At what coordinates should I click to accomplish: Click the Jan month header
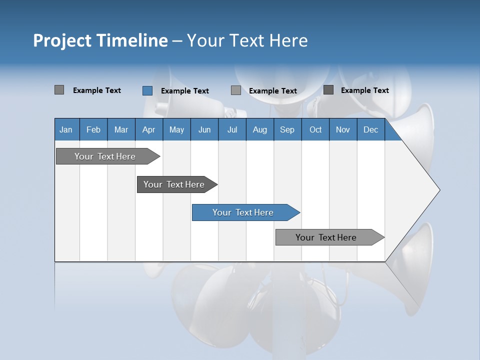(x=66, y=130)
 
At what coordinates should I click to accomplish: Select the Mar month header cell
(x=121, y=130)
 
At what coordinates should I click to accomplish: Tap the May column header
(x=176, y=130)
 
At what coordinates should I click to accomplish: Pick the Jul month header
(x=232, y=130)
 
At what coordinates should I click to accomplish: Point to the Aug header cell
(x=259, y=130)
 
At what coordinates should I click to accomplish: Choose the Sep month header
(x=287, y=130)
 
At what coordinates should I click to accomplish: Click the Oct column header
(x=315, y=130)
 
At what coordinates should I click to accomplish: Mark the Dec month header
(x=370, y=130)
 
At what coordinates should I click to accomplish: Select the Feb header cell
(x=93, y=130)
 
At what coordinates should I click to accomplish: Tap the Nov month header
(x=342, y=130)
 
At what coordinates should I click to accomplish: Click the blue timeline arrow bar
(x=245, y=212)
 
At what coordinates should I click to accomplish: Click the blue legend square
(x=147, y=90)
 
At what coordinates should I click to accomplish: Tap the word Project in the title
(x=62, y=40)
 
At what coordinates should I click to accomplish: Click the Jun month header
(x=204, y=130)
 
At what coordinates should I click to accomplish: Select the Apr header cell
(x=148, y=130)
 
